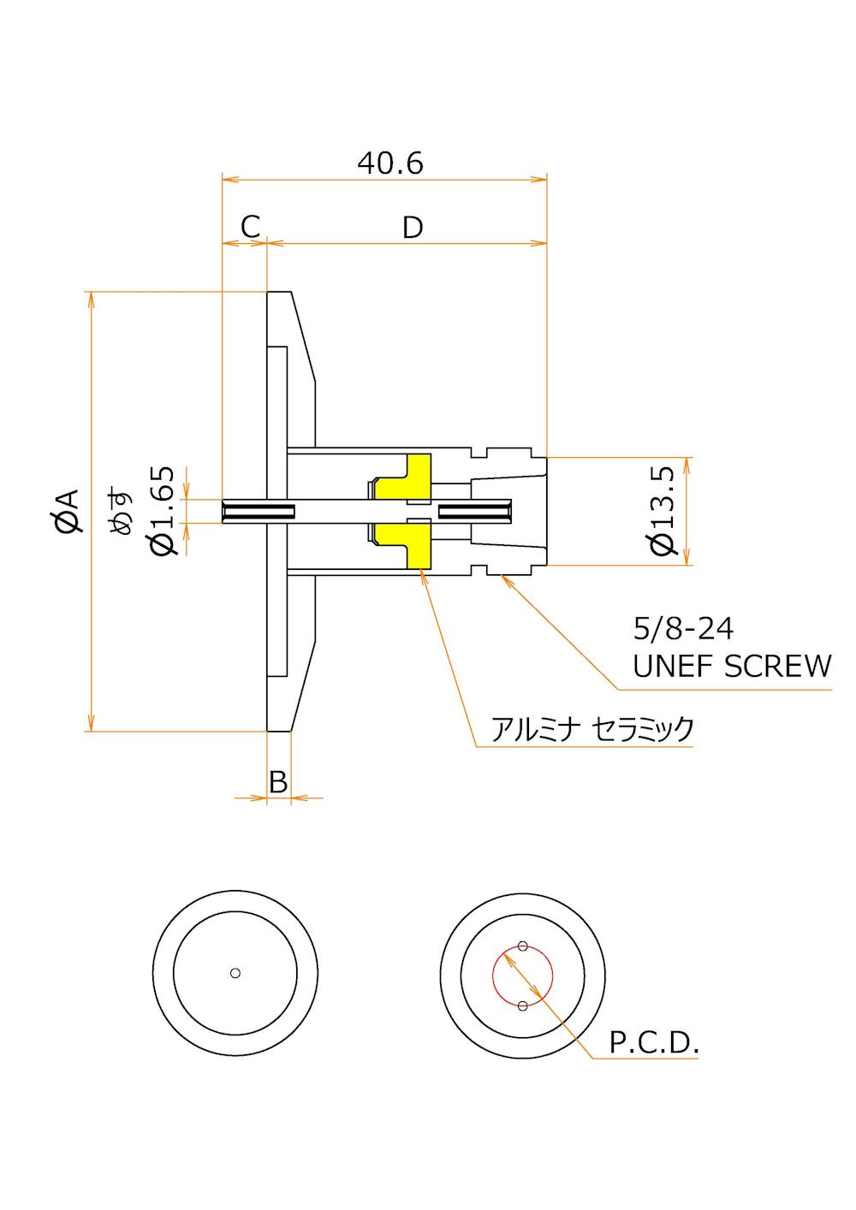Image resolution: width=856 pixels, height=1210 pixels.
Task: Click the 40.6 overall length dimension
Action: point(390,163)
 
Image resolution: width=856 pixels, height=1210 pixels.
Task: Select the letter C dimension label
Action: point(250,227)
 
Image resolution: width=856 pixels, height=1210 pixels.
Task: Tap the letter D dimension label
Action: point(413,228)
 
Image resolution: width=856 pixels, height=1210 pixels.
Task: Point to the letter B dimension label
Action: point(278,781)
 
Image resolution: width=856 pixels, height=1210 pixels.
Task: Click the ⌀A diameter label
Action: point(67,511)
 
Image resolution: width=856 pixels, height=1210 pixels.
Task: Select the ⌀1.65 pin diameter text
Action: point(163,510)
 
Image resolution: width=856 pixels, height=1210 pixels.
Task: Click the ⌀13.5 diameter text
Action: point(663,510)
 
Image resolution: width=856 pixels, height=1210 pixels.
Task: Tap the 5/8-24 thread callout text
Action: point(683,629)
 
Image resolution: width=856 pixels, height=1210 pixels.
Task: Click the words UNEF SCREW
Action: point(732,666)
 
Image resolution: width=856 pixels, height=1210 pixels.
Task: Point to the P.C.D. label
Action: point(655,1042)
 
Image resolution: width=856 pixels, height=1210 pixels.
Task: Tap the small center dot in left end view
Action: point(235,973)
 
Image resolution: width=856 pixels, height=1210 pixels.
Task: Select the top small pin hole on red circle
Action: point(523,946)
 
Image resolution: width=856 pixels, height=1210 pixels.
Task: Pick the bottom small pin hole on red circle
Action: point(523,1005)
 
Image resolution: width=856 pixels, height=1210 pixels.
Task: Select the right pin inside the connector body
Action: point(475,512)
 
